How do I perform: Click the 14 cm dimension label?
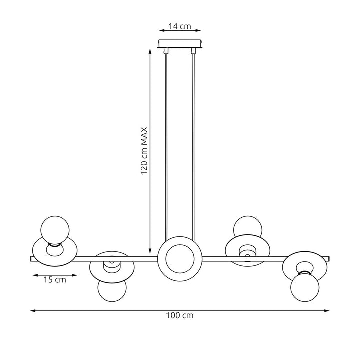tap(180, 27)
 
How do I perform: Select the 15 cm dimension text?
tap(55, 280)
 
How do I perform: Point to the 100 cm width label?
tap(180, 316)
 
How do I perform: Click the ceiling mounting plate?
tap(180, 44)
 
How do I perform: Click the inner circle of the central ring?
tap(180, 259)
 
